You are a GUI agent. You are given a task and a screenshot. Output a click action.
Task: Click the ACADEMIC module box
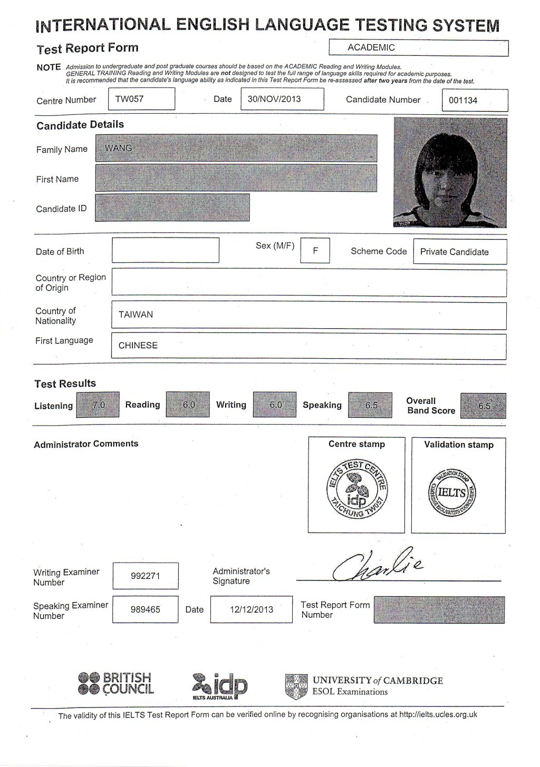click(x=418, y=47)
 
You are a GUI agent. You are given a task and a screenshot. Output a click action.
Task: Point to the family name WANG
click(x=119, y=148)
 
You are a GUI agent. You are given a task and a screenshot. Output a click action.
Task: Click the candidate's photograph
click(x=450, y=172)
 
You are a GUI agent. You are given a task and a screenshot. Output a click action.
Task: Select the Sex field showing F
click(x=315, y=251)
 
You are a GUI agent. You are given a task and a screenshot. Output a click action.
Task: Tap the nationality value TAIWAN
click(x=136, y=314)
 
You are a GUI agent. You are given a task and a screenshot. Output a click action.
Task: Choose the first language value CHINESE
click(x=138, y=346)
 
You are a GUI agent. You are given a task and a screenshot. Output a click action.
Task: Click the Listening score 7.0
click(x=98, y=405)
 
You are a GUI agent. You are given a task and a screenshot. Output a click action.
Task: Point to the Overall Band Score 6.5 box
click(x=483, y=406)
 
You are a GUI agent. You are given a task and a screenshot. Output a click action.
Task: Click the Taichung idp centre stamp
click(x=357, y=488)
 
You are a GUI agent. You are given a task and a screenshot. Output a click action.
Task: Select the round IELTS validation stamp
click(x=452, y=493)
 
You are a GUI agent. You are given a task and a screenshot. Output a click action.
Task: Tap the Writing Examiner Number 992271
click(x=145, y=576)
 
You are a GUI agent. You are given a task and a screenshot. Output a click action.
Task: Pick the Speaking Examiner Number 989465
click(x=145, y=609)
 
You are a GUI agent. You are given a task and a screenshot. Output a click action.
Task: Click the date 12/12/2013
click(x=251, y=609)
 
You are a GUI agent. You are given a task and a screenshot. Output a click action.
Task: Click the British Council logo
click(x=115, y=684)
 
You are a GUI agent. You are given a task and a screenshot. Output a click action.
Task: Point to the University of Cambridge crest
click(x=296, y=686)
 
